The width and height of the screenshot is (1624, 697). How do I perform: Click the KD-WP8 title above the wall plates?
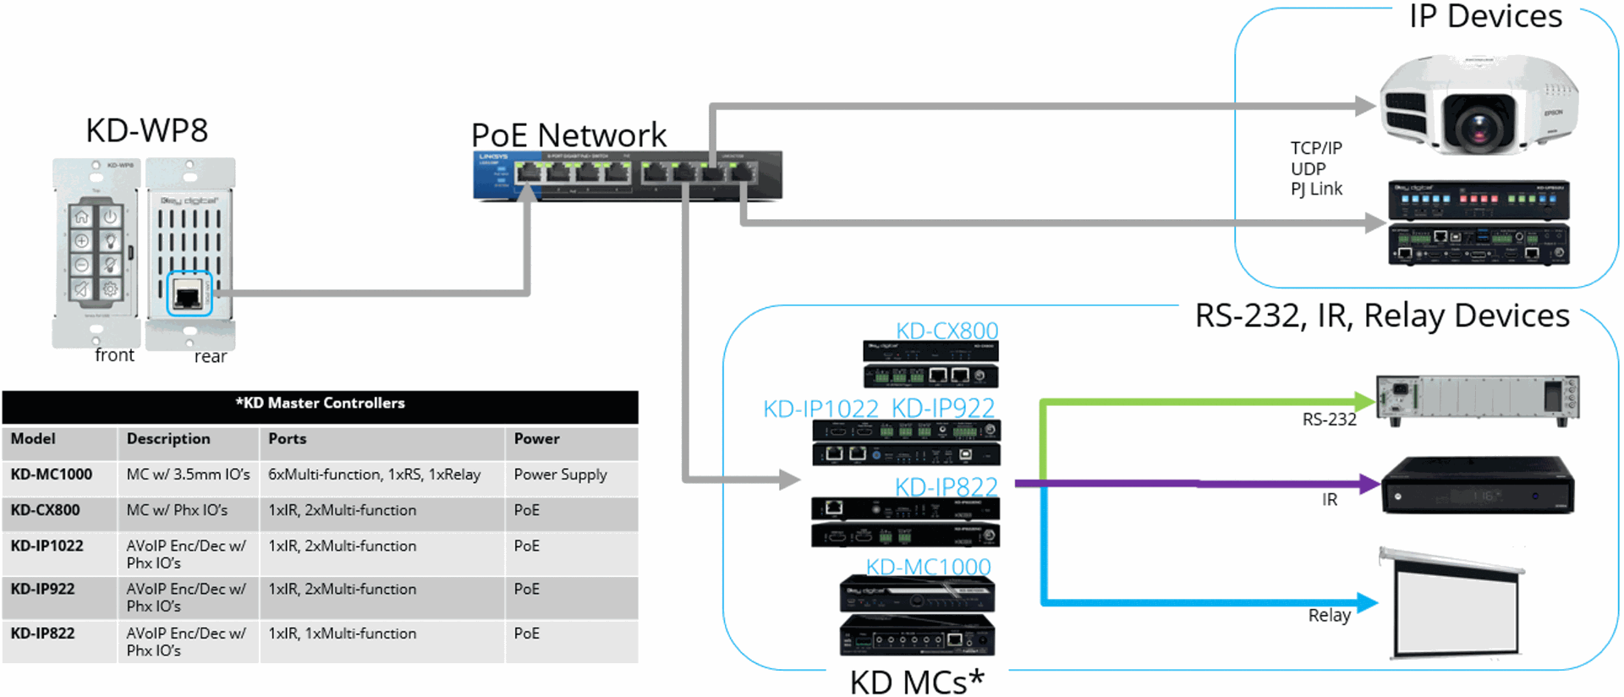pos(147,131)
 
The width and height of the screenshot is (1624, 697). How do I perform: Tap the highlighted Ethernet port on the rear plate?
pos(188,294)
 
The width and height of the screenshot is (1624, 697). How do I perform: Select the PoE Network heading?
pos(568,135)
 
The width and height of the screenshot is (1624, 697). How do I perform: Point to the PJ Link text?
pos(1316,189)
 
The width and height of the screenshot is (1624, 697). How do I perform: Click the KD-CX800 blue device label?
pos(946,331)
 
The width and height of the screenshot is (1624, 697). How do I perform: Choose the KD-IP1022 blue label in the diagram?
pos(820,409)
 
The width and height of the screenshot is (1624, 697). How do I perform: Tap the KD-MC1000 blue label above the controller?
pos(928,567)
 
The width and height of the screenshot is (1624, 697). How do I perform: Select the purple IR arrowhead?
pos(1370,484)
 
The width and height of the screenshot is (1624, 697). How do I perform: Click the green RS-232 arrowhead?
pos(1364,402)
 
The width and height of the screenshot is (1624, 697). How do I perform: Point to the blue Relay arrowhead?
pos(1368,602)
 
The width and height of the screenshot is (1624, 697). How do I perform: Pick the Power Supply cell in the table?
pos(560,475)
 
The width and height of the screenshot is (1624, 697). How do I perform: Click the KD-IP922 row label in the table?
pos(42,590)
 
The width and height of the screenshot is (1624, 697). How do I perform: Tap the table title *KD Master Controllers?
pos(320,403)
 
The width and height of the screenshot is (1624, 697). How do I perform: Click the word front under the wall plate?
pos(114,355)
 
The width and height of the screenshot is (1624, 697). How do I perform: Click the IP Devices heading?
pos(1485,17)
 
